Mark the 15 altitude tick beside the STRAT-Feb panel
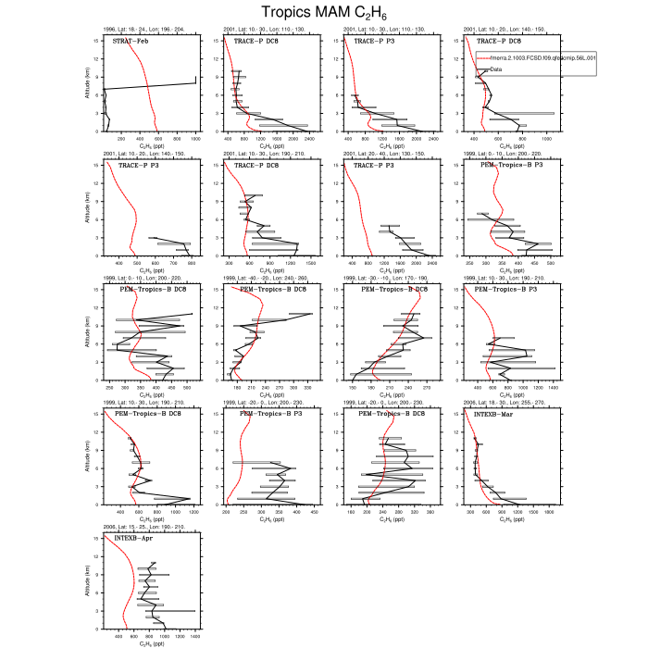(x=98, y=40)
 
